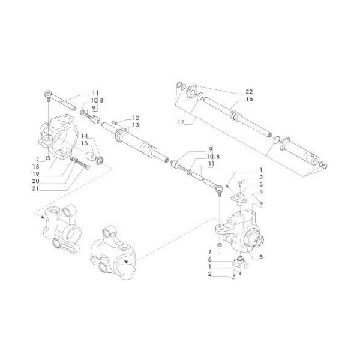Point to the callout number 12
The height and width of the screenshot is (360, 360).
(136, 118)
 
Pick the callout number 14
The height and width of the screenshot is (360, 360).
(84, 137)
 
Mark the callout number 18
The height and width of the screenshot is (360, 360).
(36, 166)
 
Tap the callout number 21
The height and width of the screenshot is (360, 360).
(36, 188)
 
